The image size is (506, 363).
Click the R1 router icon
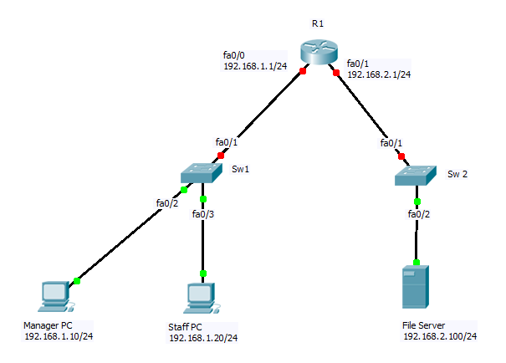(x=319, y=53)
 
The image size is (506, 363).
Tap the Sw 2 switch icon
(x=417, y=176)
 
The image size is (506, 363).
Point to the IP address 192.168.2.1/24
(x=378, y=74)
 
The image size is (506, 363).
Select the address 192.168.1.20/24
(x=203, y=338)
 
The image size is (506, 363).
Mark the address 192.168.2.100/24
(x=440, y=335)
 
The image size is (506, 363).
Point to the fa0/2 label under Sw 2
(x=418, y=214)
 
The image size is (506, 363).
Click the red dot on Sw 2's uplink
(x=401, y=156)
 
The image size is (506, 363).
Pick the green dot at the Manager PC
(x=76, y=280)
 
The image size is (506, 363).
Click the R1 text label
(x=318, y=23)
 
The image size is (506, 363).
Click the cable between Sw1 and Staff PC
(x=202, y=243)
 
